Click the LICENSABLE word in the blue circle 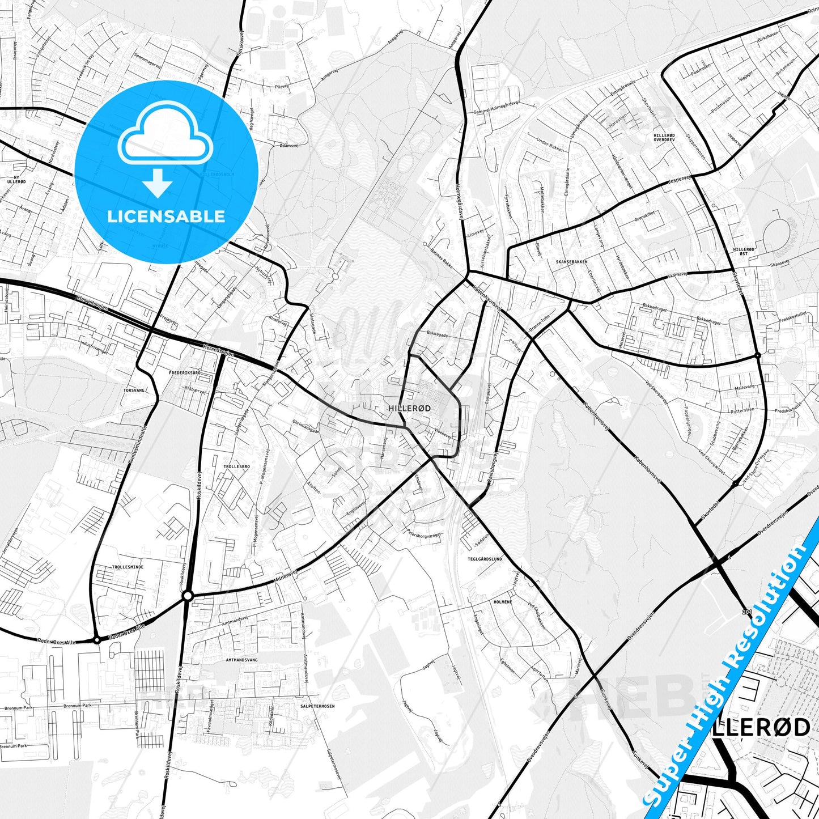click(x=166, y=217)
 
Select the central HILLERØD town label click(x=410, y=408)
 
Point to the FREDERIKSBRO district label click(x=185, y=373)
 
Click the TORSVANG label click(x=135, y=391)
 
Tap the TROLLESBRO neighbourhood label click(x=237, y=466)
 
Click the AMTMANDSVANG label click(x=241, y=660)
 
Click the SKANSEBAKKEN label click(x=571, y=262)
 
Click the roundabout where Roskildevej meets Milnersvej click(x=188, y=596)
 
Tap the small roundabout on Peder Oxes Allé click(x=97, y=640)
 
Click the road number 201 click(x=746, y=612)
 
